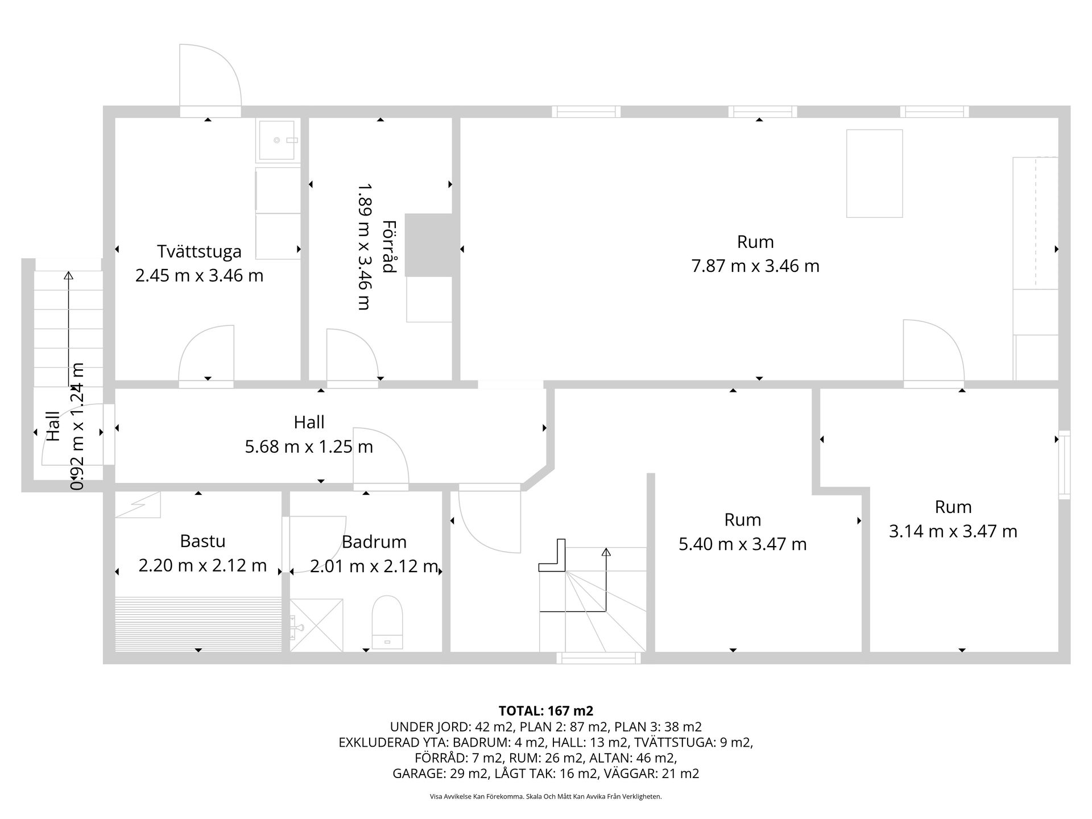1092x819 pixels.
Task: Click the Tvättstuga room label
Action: point(199,251)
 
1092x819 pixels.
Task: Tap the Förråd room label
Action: point(389,246)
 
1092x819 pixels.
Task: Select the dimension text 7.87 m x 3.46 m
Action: point(755,266)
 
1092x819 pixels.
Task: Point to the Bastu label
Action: point(202,541)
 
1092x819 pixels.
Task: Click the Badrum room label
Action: point(374,542)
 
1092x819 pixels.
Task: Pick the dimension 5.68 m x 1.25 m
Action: point(309,446)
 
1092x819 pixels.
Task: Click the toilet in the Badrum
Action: point(387,622)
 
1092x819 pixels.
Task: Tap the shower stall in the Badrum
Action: point(316,624)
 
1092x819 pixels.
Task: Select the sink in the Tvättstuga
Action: point(278,140)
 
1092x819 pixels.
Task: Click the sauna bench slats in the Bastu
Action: point(198,624)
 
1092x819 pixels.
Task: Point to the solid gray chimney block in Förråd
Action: point(429,245)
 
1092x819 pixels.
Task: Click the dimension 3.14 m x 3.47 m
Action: point(953,531)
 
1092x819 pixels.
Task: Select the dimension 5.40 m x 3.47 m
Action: point(743,544)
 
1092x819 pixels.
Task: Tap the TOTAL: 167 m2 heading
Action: point(546,711)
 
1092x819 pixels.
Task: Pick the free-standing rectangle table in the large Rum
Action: point(874,173)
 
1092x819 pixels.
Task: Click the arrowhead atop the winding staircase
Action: point(606,551)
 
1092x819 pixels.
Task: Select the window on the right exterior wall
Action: point(1064,465)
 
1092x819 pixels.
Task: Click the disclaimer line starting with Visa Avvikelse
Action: point(546,797)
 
